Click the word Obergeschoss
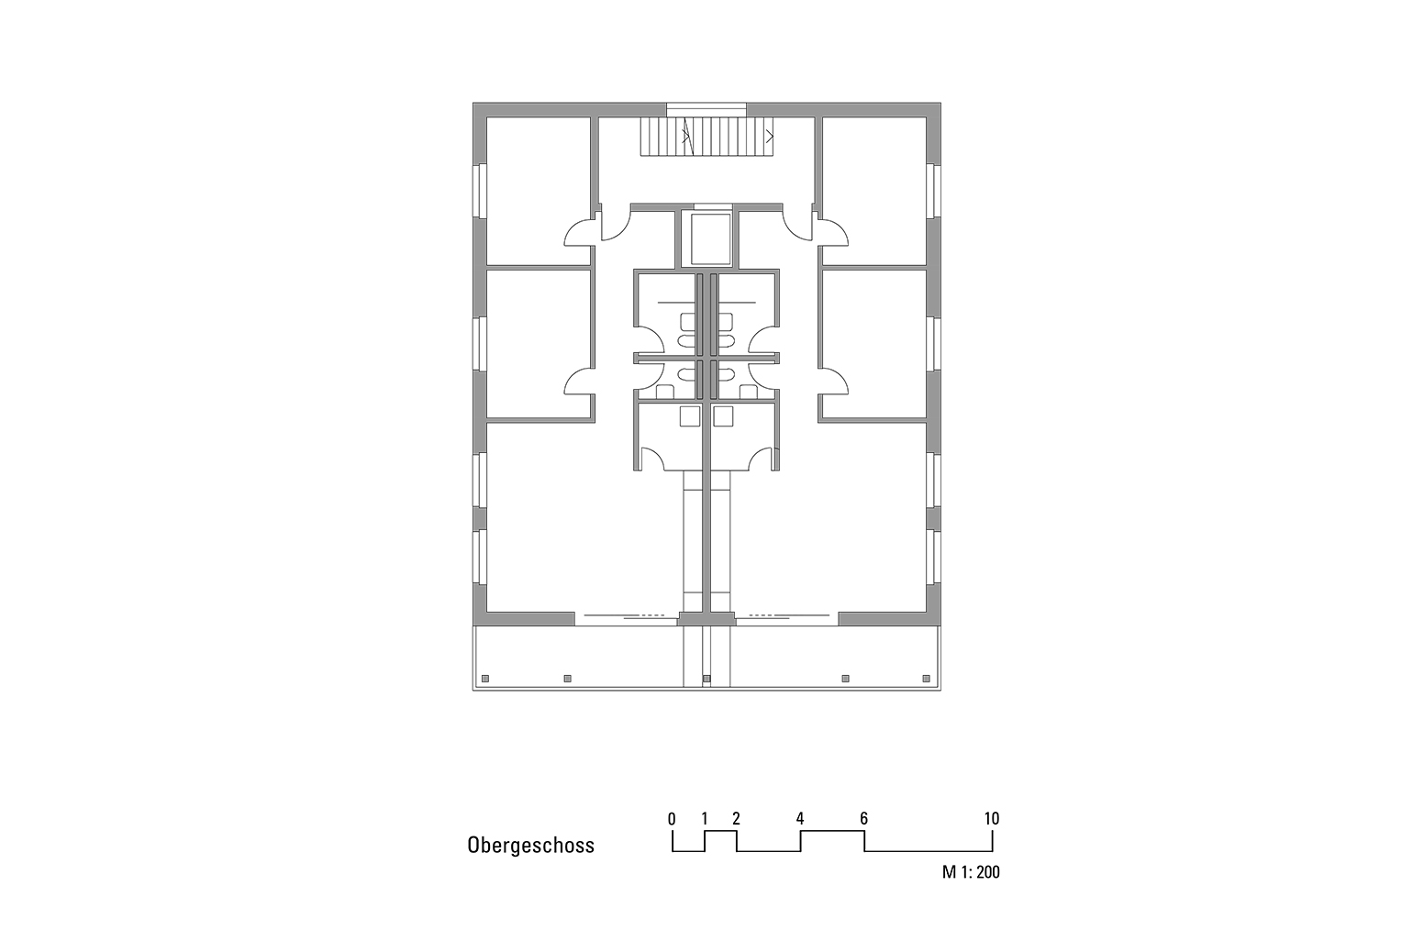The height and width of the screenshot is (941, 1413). pyautogui.click(x=530, y=846)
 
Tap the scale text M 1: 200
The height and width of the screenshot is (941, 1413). pyautogui.click(x=971, y=872)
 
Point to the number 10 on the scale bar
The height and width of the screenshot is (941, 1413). pyautogui.click(x=991, y=818)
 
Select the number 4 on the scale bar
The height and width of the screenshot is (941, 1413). pyautogui.click(x=800, y=818)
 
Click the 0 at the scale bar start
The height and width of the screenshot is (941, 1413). pyautogui.click(x=673, y=818)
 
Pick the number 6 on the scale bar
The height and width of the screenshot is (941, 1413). pyautogui.click(x=863, y=818)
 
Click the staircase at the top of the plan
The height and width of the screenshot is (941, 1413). pyautogui.click(x=707, y=137)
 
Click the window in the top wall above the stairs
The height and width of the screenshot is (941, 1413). pyautogui.click(x=706, y=108)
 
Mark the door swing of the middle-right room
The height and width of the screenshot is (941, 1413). pyautogui.click(x=833, y=381)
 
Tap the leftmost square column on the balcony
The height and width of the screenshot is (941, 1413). pyautogui.click(x=485, y=679)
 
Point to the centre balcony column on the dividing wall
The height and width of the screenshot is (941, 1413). pyautogui.click(x=706, y=679)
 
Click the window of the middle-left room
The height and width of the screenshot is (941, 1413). pyautogui.click(x=478, y=343)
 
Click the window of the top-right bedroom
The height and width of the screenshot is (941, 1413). pyautogui.click(x=934, y=191)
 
